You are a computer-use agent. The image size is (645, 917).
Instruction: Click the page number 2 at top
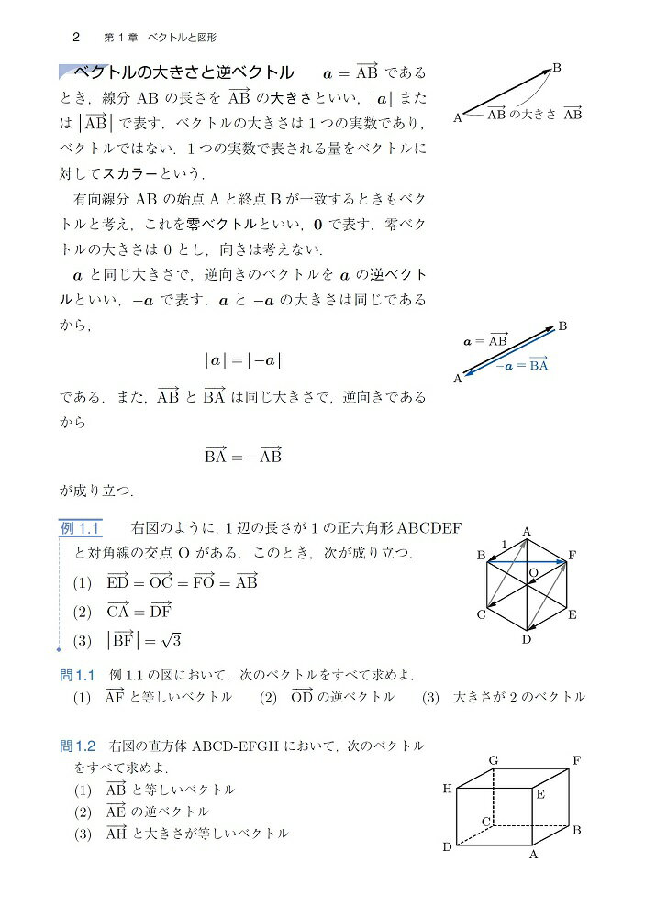[x=76, y=38]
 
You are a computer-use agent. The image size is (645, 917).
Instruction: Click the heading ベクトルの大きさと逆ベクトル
[x=183, y=72]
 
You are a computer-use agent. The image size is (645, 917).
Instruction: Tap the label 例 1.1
[x=80, y=527]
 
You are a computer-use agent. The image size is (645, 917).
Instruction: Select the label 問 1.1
[x=78, y=675]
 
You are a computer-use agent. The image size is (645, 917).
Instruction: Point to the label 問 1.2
[x=78, y=746]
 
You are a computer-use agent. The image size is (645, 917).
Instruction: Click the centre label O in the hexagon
[x=533, y=572]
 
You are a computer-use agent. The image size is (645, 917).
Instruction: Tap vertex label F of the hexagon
[x=573, y=555]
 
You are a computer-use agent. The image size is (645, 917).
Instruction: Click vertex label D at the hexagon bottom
[x=527, y=639]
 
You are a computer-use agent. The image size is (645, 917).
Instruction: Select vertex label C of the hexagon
[x=480, y=614]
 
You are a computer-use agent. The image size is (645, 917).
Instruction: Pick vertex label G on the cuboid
[x=493, y=760]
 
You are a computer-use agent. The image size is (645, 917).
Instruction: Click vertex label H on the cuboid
[x=447, y=789]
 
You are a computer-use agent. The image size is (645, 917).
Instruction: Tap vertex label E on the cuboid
[x=540, y=795]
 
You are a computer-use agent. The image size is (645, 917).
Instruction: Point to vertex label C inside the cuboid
[x=486, y=821]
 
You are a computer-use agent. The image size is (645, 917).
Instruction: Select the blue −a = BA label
[x=520, y=364]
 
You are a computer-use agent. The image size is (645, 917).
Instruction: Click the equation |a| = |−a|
[x=242, y=360]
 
